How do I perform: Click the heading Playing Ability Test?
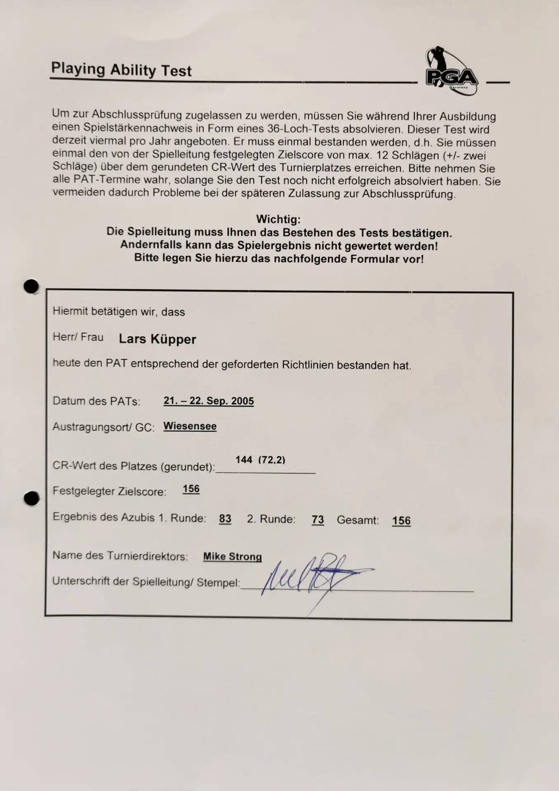coord(121,70)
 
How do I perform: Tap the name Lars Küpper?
coord(157,339)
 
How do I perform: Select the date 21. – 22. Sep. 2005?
coord(209,401)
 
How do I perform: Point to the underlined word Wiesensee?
coord(190,426)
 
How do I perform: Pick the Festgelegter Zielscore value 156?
coord(191,489)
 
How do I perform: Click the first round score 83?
coord(225,519)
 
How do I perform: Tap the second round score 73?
coord(318,520)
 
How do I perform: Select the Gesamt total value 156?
coord(401,521)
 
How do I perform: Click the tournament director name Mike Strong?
coord(233,557)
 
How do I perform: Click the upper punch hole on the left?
coord(31,286)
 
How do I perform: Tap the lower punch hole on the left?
coord(32,498)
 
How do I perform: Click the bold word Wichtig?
coord(278,219)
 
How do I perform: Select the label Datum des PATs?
coord(96,401)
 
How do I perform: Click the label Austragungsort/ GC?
coord(103,427)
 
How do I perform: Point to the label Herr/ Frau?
coord(78,337)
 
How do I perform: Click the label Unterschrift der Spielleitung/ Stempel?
coord(146,582)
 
